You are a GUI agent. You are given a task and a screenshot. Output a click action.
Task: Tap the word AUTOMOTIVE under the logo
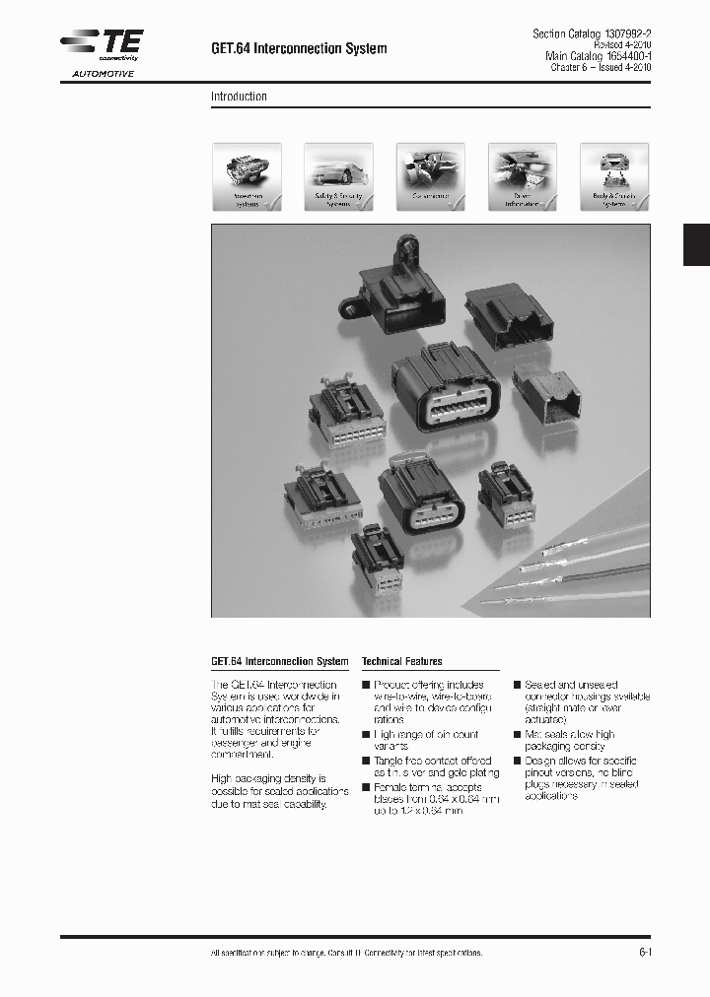(x=102, y=74)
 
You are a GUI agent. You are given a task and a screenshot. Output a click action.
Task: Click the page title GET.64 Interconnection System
(x=299, y=48)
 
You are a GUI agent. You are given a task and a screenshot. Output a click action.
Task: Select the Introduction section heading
(x=239, y=97)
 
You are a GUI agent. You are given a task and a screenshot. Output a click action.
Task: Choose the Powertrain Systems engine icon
(x=247, y=177)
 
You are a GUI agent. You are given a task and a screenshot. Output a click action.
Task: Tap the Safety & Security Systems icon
(x=338, y=177)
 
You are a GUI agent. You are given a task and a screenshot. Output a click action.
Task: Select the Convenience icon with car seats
(x=430, y=177)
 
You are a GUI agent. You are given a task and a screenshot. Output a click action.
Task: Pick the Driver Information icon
(x=523, y=177)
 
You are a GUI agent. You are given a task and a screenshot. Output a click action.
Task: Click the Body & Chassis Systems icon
(x=614, y=177)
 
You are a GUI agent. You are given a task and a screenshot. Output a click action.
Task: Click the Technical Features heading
(x=402, y=662)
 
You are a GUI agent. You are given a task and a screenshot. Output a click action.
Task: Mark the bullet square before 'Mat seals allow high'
(x=517, y=735)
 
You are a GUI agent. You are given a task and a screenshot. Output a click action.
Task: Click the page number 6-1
(x=646, y=953)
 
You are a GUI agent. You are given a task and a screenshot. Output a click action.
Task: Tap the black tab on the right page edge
(x=696, y=244)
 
